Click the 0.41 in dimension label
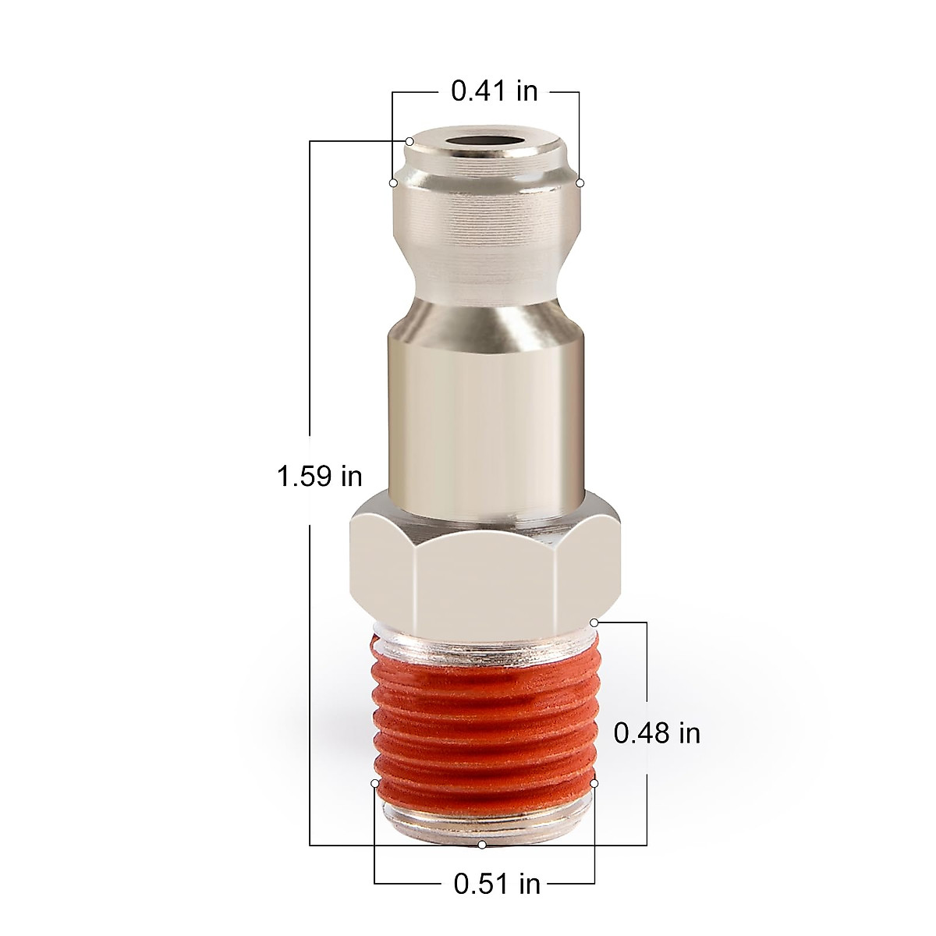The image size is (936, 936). pos(495,91)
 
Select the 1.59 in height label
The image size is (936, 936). pos(320,475)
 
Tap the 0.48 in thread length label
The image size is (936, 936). pos(657,733)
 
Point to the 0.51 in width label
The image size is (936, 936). pos(497,884)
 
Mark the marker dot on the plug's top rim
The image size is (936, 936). pos(409,141)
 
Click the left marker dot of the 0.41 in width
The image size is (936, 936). pos(393,183)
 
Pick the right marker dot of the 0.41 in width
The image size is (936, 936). pos(580,183)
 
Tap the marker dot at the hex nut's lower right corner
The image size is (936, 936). pos(594,622)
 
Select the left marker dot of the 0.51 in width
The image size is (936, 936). pos(375,782)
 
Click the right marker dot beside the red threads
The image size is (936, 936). pos(594,782)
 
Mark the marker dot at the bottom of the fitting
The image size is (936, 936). pos(482,845)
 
